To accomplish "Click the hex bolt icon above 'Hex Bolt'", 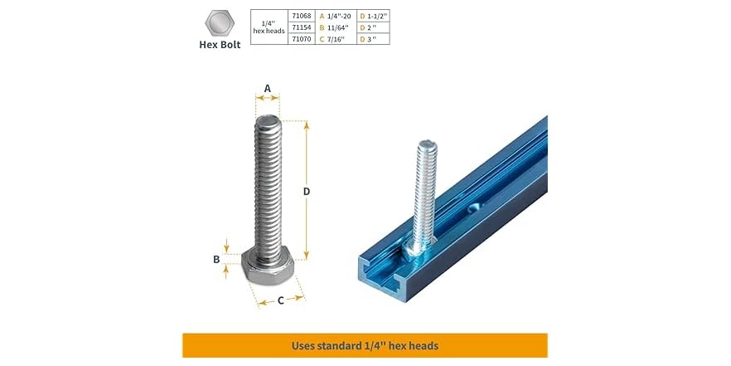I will (219, 23).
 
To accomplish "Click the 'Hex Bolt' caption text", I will (220, 45).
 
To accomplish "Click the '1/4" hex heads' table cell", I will (269, 27).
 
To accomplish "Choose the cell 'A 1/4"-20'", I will (336, 15).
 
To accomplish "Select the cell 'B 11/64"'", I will (336, 27).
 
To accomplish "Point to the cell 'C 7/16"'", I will (336, 38).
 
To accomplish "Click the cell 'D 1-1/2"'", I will (375, 15).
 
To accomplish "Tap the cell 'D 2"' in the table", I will (370, 27).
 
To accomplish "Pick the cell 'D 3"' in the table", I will (370, 38).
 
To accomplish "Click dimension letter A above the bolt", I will (267, 88).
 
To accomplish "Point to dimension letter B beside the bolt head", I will (216, 259).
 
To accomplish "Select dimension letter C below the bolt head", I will (280, 300).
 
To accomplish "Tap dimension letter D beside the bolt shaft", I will (306, 191).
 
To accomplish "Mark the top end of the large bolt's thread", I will (268, 122).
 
